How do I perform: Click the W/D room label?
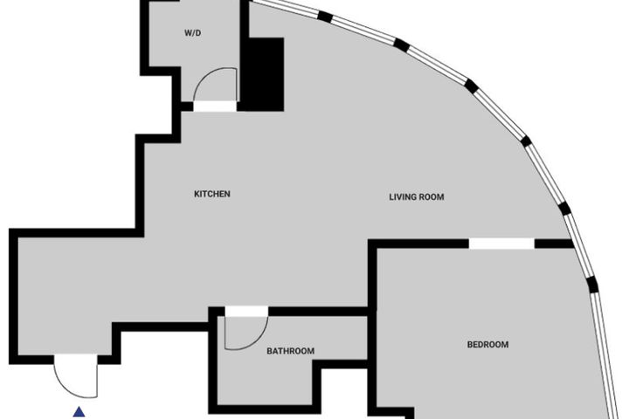pyautogui.click(x=192, y=33)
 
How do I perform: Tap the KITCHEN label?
pyautogui.click(x=212, y=194)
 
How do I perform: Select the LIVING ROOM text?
pyautogui.click(x=417, y=197)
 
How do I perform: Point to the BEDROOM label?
pyautogui.click(x=487, y=345)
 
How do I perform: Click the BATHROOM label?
pyautogui.click(x=290, y=351)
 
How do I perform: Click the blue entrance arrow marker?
pyautogui.click(x=79, y=412)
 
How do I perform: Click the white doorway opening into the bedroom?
pyautogui.click(x=501, y=244)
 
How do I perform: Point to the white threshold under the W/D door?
pyautogui.click(x=215, y=106)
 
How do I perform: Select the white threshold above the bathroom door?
pyautogui.click(x=246, y=311)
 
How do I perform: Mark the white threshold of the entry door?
pyautogui.click(x=76, y=360)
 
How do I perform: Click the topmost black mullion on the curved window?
pyautogui.click(x=325, y=17)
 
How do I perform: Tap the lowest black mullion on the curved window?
pyautogui.click(x=592, y=285)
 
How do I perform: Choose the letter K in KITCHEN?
pyautogui.click(x=197, y=194)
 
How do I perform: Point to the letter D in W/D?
pyautogui.click(x=197, y=33)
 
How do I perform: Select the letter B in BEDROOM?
pyautogui.click(x=470, y=345)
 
